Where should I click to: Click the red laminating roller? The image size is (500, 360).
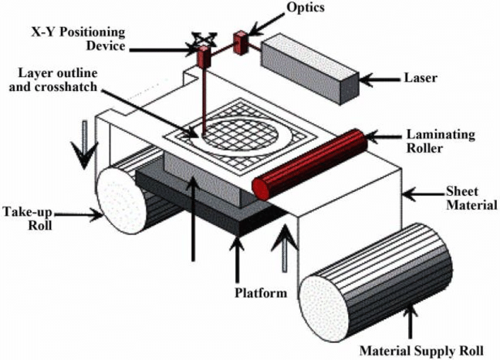coord(309,163)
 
